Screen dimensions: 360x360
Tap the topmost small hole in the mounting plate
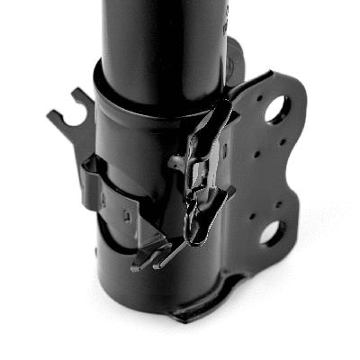[x=260, y=92]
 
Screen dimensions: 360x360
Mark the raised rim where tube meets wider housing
[x=157, y=96]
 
